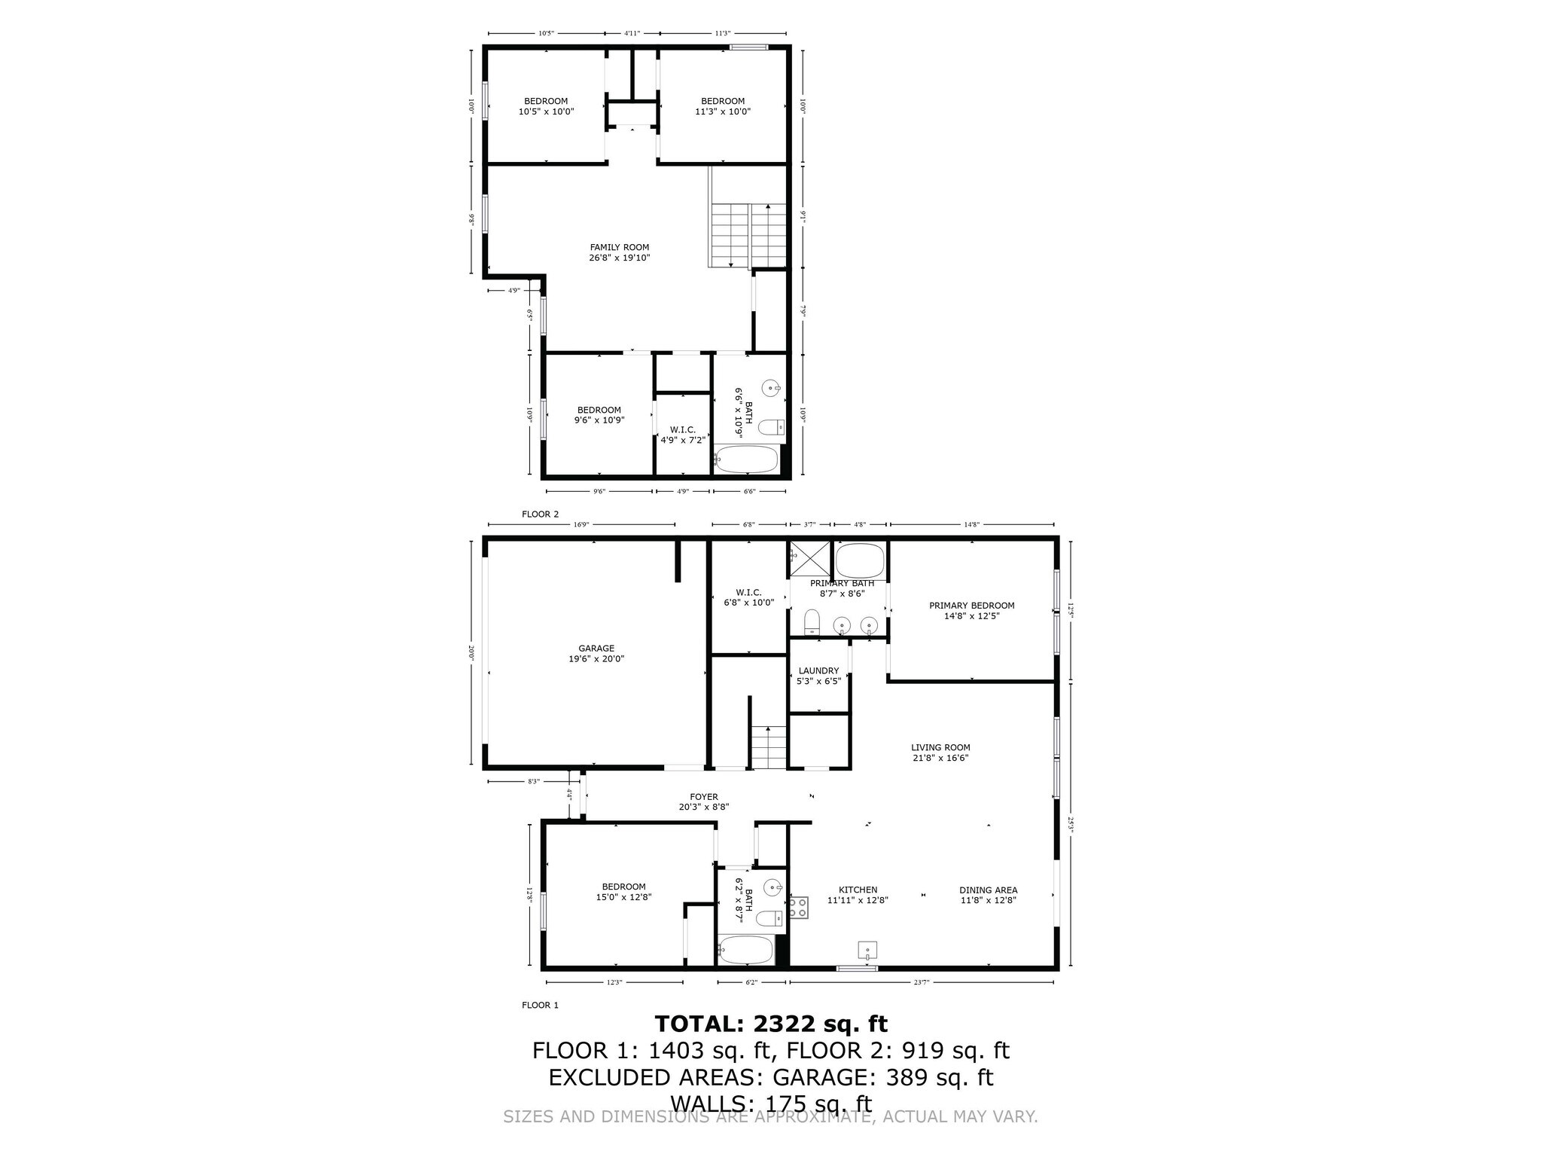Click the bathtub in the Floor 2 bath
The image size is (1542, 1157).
[x=746, y=459]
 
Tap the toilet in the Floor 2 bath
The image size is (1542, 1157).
[x=770, y=428]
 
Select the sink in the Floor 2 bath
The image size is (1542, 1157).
[x=771, y=389]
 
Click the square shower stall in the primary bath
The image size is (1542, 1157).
[x=810, y=559]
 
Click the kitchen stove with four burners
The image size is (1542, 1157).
[x=798, y=907]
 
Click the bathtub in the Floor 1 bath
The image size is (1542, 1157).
[x=745, y=950]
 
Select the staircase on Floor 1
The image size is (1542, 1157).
[x=768, y=746]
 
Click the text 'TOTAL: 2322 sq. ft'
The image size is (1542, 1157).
[x=771, y=1024]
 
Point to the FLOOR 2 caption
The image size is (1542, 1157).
[x=541, y=514]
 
